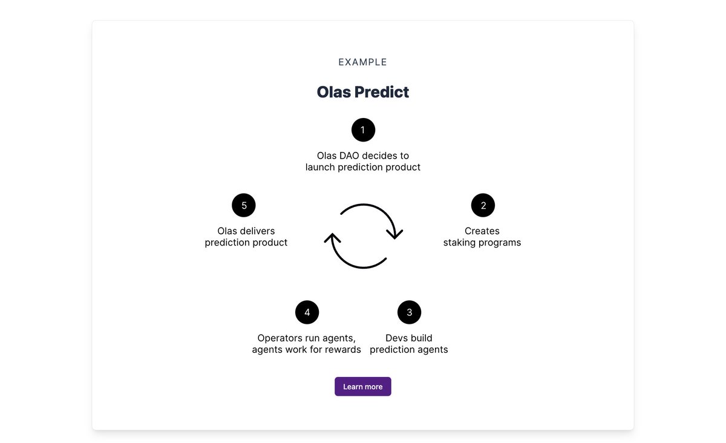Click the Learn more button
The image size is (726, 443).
tap(363, 387)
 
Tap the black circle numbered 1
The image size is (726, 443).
tap(363, 130)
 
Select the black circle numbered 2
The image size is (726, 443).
tap(483, 206)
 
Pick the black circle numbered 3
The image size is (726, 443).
tap(409, 312)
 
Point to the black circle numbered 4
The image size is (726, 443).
tap(307, 312)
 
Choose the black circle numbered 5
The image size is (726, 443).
tap(244, 206)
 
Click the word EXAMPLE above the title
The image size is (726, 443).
tap(363, 62)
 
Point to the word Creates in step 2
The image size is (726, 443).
tap(482, 231)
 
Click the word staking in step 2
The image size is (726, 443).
tap(462, 243)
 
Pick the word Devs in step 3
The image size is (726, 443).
tap(397, 338)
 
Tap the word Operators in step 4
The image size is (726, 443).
tap(281, 338)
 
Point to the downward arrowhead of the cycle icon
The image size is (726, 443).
tap(395, 234)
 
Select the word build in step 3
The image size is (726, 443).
tap(421, 338)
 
